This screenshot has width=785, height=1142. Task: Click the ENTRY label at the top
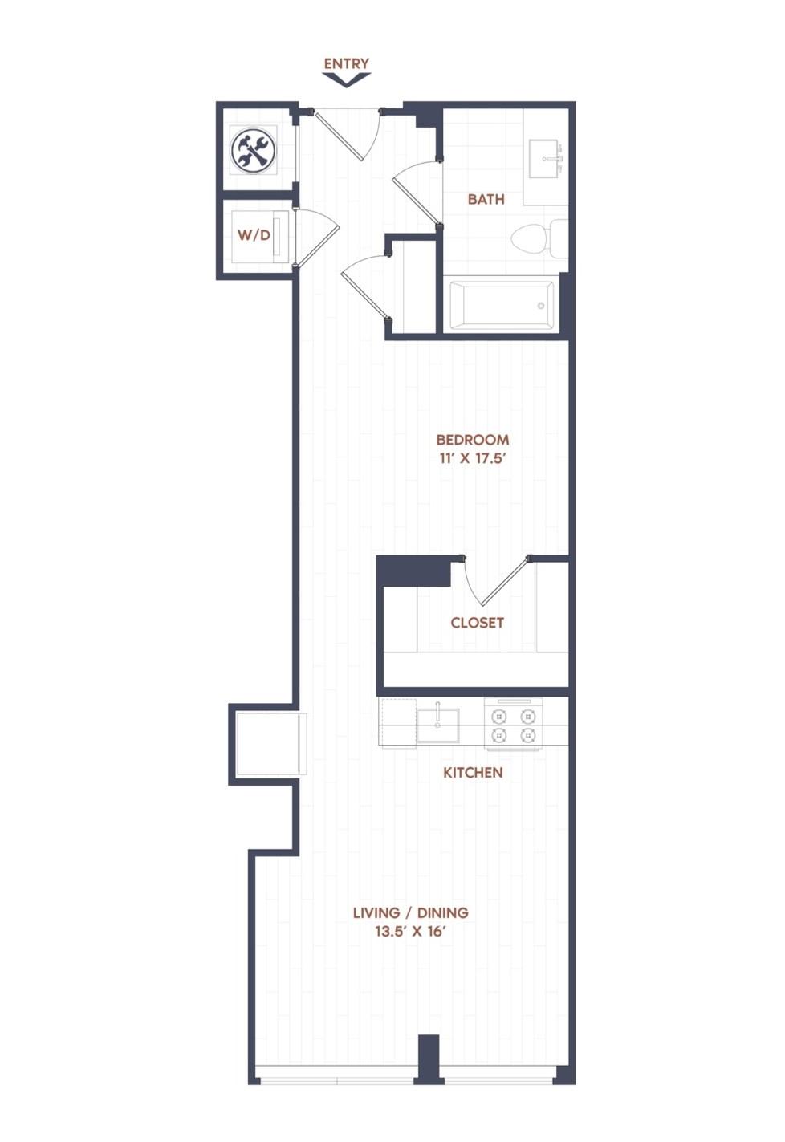[347, 63]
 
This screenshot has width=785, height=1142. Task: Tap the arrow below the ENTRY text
[347, 80]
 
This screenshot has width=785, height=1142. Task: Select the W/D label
[254, 235]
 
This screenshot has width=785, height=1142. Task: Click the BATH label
[486, 199]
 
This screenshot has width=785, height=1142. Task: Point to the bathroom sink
[546, 158]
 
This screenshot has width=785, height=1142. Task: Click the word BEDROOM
[473, 440]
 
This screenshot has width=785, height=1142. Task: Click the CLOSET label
[477, 623]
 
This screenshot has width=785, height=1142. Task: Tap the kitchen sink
[437, 725]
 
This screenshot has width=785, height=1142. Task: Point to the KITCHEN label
[473, 772]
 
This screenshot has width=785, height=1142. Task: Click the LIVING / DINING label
[411, 912]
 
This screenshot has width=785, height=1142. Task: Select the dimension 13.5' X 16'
[411, 932]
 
